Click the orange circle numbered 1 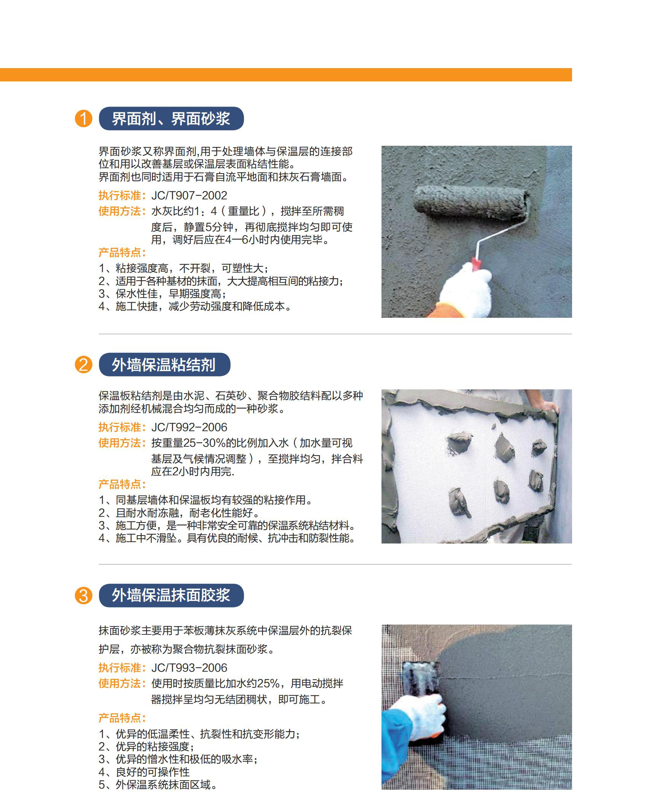click(x=83, y=119)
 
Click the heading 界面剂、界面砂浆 click(x=171, y=119)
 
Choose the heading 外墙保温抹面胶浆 click(x=171, y=595)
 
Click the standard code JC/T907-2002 click(x=189, y=196)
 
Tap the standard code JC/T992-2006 click(x=189, y=427)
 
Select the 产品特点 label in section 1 click(x=122, y=252)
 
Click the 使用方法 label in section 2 click(x=122, y=443)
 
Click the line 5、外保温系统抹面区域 click(x=157, y=785)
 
